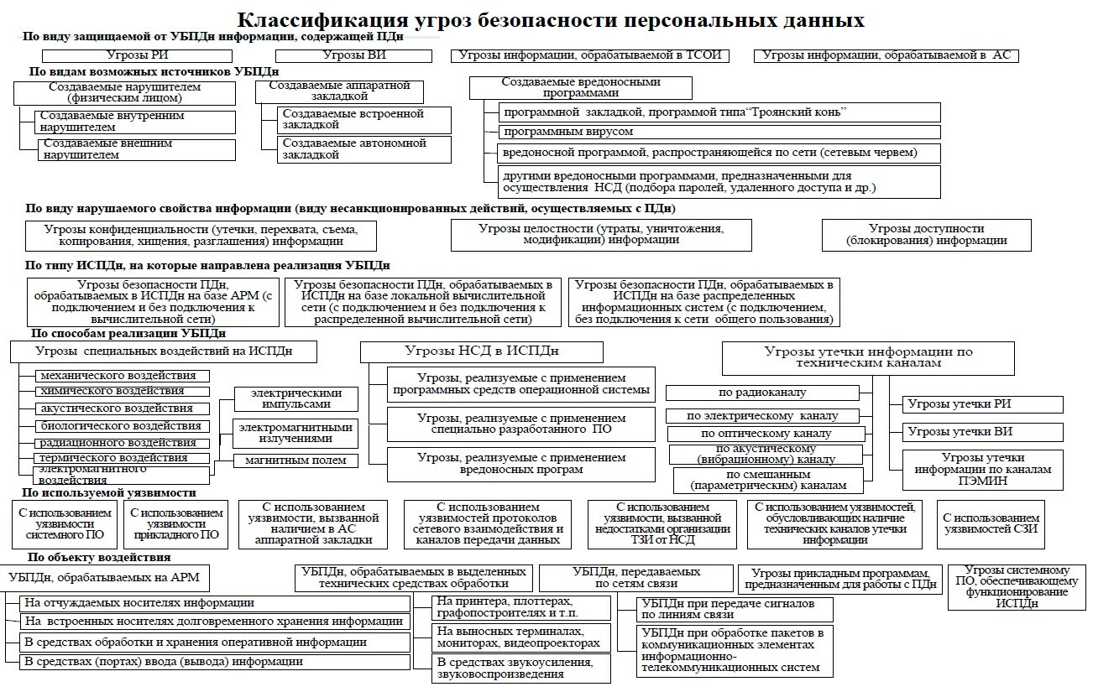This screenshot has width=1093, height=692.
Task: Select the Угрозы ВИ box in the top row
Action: coord(353,55)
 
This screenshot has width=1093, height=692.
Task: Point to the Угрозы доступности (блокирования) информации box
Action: coord(926,234)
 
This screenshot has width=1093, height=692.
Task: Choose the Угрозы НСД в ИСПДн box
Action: coord(482,351)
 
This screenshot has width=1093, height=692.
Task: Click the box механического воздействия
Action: coord(123,376)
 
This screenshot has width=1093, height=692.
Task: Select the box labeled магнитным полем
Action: coord(295,460)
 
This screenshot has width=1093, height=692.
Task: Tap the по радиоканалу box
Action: coord(762,393)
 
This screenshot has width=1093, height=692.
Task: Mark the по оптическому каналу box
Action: coord(765,434)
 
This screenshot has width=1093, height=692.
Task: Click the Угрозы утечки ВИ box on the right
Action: coord(982,432)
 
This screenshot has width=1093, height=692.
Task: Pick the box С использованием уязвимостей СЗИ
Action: coord(991,523)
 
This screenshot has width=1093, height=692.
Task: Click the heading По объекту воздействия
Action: coord(99,557)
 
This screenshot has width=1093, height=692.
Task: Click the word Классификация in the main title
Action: coord(320,19)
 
